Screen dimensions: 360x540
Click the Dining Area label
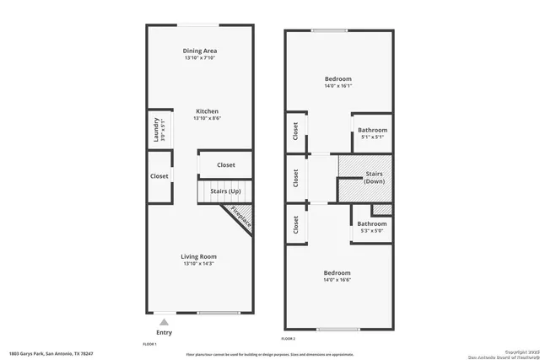(x=200, y=51)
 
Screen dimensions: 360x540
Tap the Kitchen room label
(x=208, y=111)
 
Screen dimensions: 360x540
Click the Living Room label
(x=199, y=256)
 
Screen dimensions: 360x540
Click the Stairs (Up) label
(x=224, y=191)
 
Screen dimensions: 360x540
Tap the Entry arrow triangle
(x=164, y=321)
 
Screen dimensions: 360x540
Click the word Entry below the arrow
(x=164, y=332)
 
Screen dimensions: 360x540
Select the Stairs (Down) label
(x=375, y=178)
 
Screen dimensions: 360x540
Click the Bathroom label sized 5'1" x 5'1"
(x=372, y=130)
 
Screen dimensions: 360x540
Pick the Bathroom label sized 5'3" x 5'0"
(x=372, y=223)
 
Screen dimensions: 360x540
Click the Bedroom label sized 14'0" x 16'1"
(x=337, y=78)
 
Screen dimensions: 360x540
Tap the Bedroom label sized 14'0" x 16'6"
(x=337, y=272)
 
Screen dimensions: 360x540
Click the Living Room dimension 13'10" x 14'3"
(x=199, y=264)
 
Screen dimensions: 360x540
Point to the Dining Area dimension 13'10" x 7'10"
(x=200, y=58)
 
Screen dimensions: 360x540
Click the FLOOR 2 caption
(x=289, y=338)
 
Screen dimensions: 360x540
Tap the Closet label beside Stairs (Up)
(x=226, y=164)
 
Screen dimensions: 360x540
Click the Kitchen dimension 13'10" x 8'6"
(x=208, y=119)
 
